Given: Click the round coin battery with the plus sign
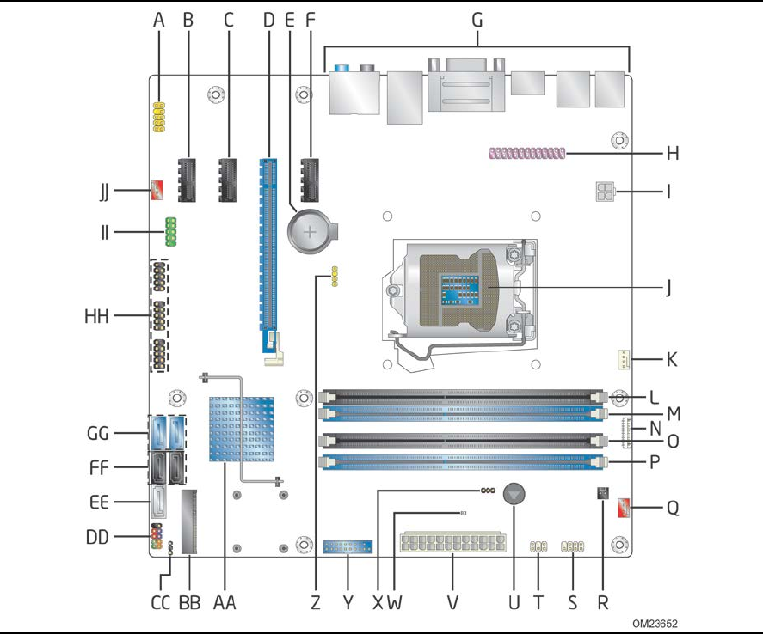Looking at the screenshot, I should point(312,229).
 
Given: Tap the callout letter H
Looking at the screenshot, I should point(673,154).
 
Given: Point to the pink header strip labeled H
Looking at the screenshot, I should point(527,154).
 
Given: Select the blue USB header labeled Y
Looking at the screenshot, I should point(348,546).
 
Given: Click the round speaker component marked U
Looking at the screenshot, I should point(514,494).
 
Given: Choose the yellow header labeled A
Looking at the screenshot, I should point(159,118).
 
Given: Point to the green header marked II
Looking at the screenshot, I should point(170,230).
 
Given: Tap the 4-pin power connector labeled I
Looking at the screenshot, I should point(601,191).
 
